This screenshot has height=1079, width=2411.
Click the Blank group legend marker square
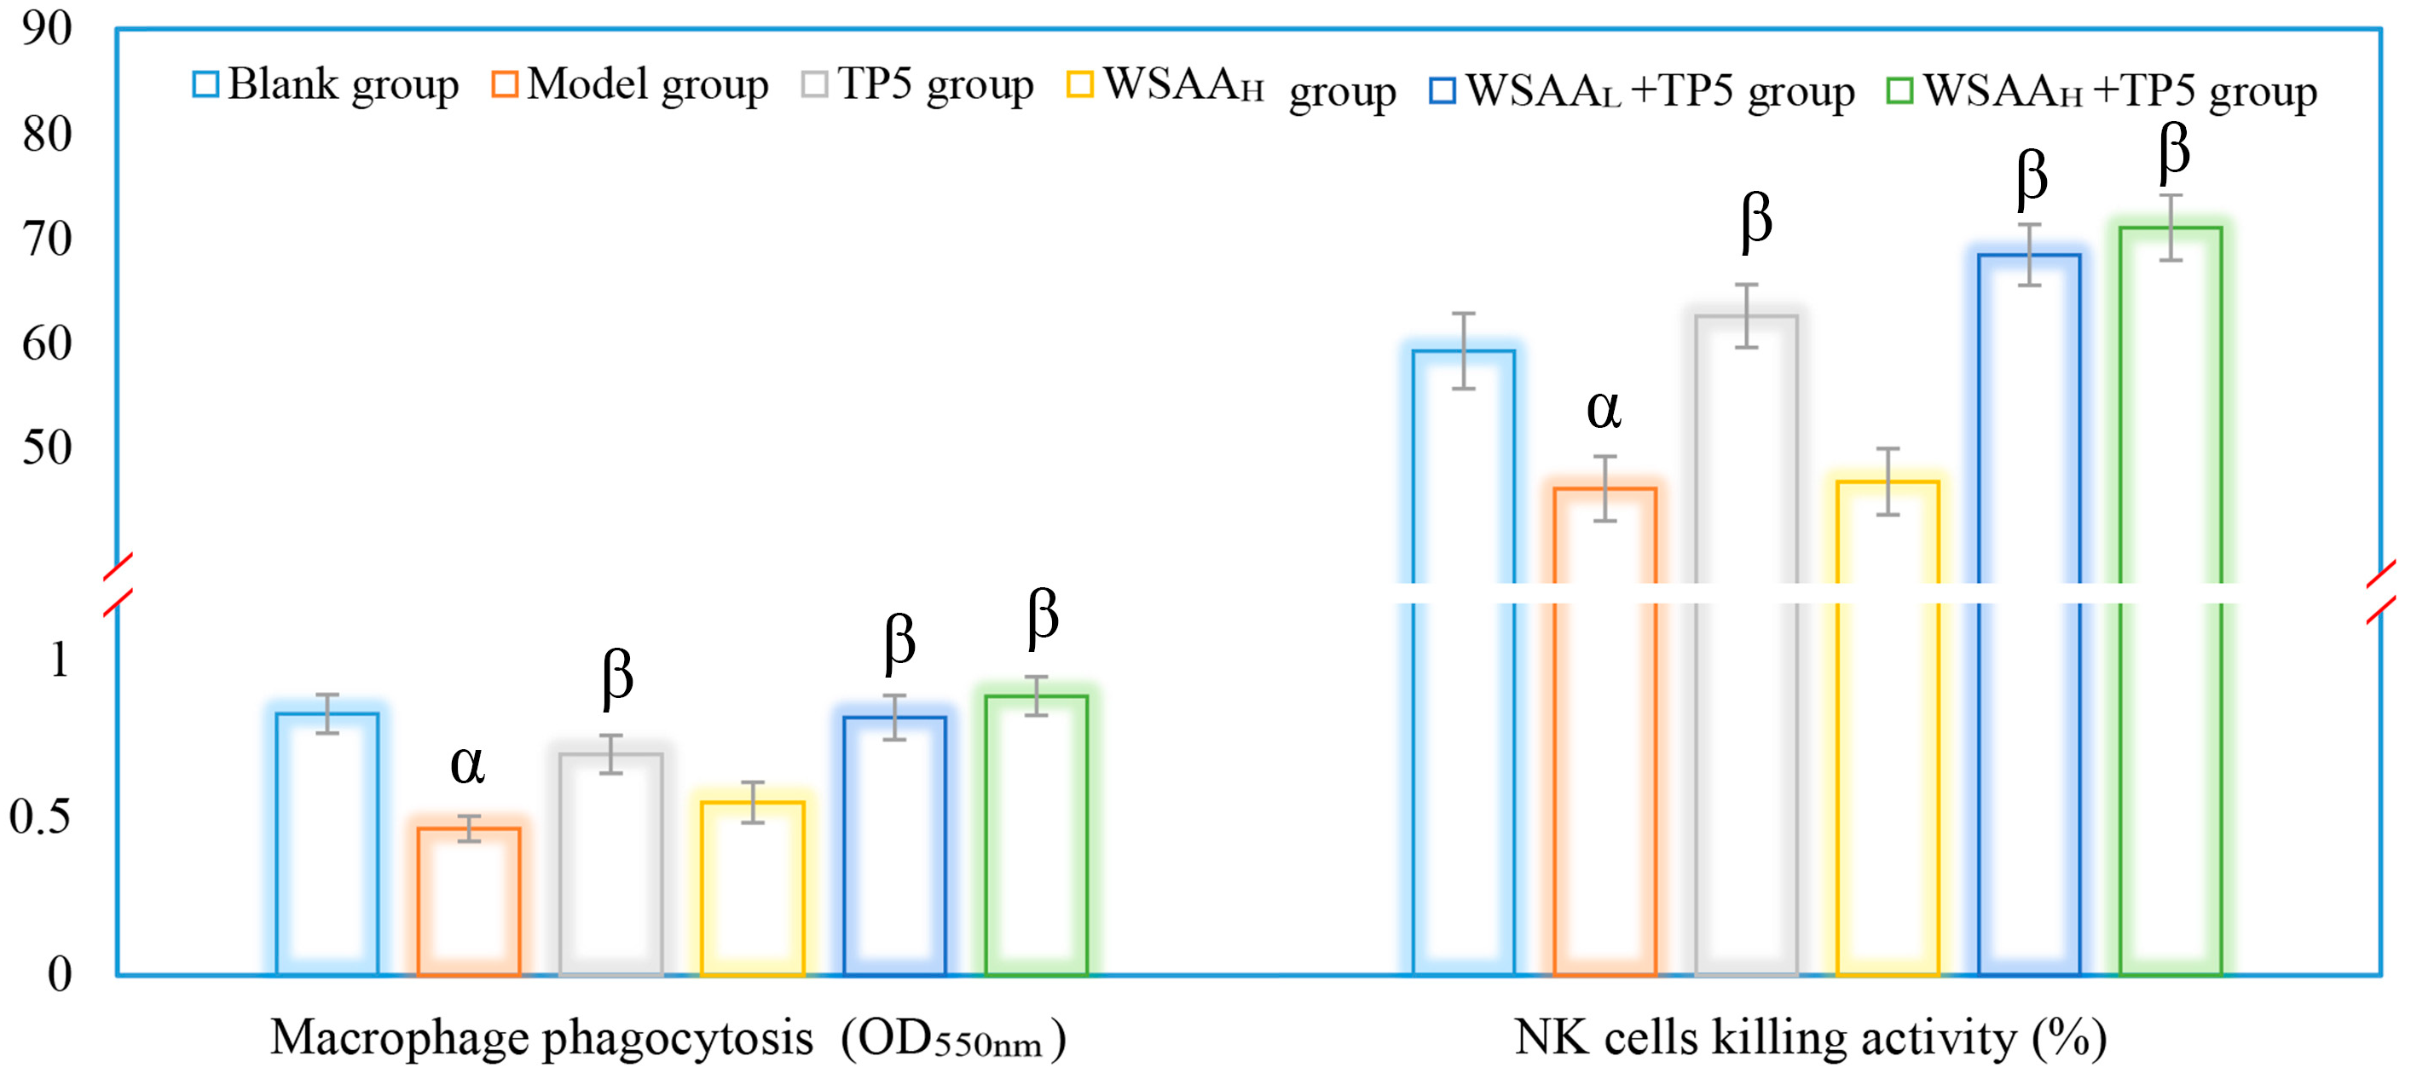pos(206,84)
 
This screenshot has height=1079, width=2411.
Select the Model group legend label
pos(647,85)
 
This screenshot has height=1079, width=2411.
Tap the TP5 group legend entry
pos(934,85)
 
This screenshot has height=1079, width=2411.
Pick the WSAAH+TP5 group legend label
pos(2120,91)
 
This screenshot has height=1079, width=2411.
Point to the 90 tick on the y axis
pos(47,29)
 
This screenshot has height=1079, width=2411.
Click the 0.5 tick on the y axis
pos(39,817)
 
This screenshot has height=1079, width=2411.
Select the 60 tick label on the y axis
pos(47,343)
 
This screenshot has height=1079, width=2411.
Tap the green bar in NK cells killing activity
pos(2171,599)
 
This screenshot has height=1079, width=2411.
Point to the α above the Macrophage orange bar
pos(467,765)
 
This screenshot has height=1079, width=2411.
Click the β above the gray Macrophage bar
pos(616,676)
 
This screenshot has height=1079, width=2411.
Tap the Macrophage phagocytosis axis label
pos(667,1039)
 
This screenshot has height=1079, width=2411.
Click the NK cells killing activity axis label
pos(1810,1039)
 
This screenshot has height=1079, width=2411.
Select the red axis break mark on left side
pos(117,585)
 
